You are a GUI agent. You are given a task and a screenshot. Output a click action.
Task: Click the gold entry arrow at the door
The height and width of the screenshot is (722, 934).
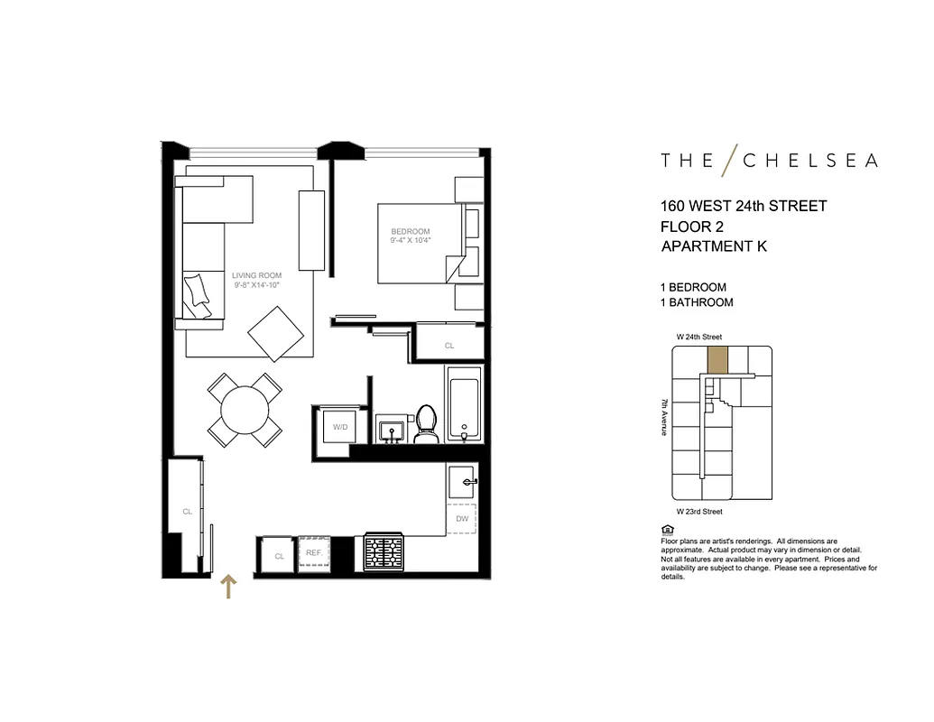[x=229, y=588]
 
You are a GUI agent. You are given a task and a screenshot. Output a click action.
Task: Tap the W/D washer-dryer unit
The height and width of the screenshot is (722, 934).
[x=339, y=426]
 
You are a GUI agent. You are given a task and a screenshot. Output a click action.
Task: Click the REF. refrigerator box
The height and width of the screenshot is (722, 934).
[x=314, y=553]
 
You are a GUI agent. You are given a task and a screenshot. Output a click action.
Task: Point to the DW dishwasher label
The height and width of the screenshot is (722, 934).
[x=462, y=519]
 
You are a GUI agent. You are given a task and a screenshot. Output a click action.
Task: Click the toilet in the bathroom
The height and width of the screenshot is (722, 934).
[x=425, y=425]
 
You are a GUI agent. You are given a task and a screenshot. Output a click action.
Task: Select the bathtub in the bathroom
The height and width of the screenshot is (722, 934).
[x=465, y=403]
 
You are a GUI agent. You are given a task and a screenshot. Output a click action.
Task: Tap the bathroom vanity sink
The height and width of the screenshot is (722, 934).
[x=393, y=430]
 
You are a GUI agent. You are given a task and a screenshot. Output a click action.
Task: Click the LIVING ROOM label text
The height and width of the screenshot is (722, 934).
[x=256, y=276]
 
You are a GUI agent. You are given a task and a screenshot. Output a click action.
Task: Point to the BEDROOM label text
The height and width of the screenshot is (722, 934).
[x=411, y=231]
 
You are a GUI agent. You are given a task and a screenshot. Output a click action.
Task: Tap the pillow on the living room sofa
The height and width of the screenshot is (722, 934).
[x=199, y=294]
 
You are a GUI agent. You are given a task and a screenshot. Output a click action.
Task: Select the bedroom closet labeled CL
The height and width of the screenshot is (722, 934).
[x=449, y=345]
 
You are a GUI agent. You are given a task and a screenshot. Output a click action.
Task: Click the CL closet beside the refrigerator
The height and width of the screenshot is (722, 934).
[x=279, y=556]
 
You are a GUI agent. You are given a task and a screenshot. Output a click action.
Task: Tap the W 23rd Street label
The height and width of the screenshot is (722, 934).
[x=699, y=512]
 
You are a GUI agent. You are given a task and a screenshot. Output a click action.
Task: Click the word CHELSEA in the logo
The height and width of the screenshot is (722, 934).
[x=809, y=161]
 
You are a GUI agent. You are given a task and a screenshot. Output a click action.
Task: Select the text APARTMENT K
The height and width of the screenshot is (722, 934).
[x=714, y=246]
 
